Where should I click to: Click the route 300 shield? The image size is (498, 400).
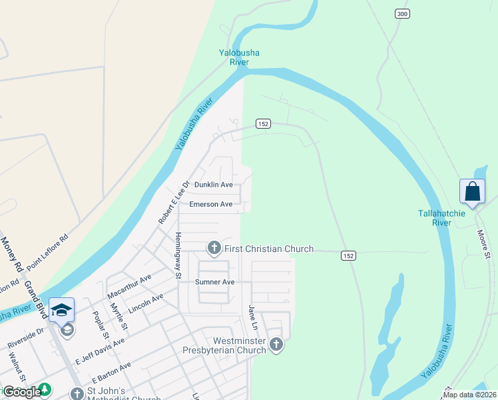coord(401,14)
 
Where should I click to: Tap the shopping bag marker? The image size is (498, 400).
coord(472,192)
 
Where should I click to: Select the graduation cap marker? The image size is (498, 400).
coord(61,311)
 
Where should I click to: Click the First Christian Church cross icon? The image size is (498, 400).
coord(214,249)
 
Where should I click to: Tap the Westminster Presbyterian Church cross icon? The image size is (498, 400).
coord(276,345)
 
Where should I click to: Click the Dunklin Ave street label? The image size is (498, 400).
coord(213,185)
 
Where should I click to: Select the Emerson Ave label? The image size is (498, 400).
coord(210,204)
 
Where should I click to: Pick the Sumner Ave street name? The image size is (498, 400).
coord(214,282)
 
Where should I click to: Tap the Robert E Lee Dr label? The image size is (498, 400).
coord(173,202)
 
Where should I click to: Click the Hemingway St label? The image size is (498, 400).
coord(178,254)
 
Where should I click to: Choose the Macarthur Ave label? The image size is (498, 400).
coord(128,285)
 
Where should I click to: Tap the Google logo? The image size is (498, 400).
coord(22,391)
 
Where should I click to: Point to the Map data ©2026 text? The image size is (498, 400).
coord(469,395)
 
